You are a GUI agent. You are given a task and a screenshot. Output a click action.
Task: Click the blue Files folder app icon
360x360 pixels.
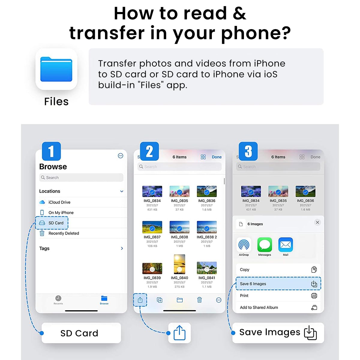coord(56,69)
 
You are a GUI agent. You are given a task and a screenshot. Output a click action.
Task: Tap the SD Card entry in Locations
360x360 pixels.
coord(56,223)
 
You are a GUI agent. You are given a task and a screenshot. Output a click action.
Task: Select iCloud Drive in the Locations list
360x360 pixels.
coord(59,202)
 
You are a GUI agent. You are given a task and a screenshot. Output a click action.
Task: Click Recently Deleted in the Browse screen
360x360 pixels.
coord(64,233)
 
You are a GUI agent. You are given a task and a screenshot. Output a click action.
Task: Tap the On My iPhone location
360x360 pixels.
coord(61,212)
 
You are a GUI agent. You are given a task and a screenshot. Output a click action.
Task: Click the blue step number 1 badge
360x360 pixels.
coord(51,151)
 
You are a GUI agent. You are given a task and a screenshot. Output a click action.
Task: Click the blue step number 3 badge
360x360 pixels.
coord(248,151)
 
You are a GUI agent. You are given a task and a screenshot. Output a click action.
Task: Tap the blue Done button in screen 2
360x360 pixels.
coord(217,157)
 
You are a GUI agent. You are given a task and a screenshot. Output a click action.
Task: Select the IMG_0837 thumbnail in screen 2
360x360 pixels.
coord(152,227)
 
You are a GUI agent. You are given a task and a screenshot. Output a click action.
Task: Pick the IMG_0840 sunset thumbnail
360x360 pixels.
coord(179,264)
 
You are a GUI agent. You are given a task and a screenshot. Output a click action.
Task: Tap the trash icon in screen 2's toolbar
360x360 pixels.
coord(199,300)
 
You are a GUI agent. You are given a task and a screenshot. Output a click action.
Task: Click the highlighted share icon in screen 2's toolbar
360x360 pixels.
coord(140,300)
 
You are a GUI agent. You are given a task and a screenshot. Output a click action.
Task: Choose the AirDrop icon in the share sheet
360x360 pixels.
coord(244,245)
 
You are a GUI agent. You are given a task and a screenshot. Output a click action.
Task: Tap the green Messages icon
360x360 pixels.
coord(265,245)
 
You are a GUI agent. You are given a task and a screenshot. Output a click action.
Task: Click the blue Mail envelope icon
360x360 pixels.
coord(286,245)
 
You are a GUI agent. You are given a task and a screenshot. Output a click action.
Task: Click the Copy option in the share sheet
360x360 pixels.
coord(245,269)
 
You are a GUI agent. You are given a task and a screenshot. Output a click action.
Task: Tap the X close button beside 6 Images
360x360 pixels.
coord(317,222)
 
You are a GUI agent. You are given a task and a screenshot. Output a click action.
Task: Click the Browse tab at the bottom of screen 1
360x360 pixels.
coord(104,300)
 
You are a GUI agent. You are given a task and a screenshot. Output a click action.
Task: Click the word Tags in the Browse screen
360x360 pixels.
coord(44,248)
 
